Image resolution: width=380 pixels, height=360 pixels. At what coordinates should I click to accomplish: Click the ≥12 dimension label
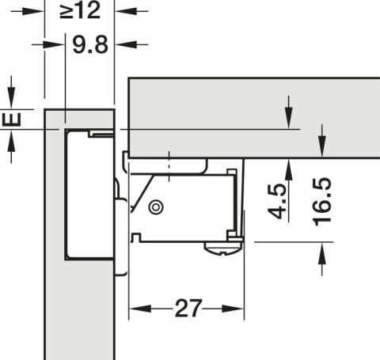coord(80,11)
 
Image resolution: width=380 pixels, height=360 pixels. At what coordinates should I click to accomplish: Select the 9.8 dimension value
coord(90,45)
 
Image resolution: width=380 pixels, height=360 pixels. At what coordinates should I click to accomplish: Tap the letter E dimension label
coord(11,119)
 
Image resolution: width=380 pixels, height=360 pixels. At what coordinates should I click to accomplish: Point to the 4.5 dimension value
coord(276,202)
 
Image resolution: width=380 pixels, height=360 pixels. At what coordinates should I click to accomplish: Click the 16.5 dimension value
coord(322,202)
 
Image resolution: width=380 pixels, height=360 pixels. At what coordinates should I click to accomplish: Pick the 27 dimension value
coord(188,308)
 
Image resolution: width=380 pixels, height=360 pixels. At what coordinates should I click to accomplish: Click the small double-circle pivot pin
coord(156,207)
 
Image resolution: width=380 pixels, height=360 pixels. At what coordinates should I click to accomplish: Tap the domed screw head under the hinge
coord(223,249)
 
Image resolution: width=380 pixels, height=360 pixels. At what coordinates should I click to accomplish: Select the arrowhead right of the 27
coord(233,309)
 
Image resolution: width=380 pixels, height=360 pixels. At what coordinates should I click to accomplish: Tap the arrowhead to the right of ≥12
coord(126,11)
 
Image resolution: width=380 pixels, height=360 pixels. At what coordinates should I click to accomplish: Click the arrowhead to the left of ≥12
coord(32,11)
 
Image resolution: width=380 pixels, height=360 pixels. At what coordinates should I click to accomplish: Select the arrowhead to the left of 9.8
coord(54,44)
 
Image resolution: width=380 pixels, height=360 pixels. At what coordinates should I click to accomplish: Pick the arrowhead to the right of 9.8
coord(126,44)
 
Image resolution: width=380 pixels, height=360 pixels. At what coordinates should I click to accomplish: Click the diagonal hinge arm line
coord(142,193)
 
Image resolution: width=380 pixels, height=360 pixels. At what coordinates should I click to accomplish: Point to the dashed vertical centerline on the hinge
coord(169,167)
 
